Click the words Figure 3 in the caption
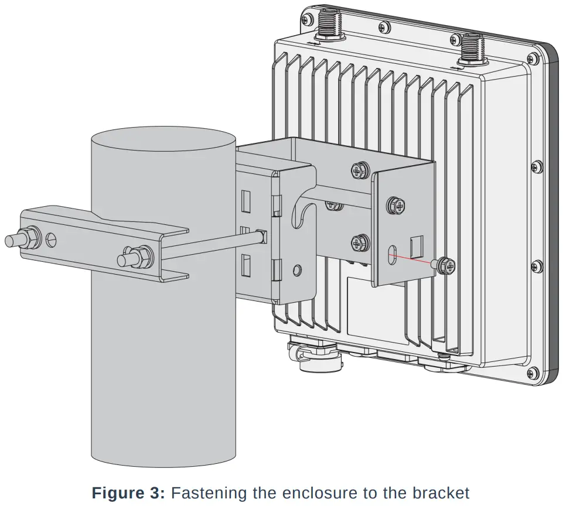point(128,493)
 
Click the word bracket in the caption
point(442,493)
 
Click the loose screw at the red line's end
point(445,265)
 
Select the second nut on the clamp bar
point(141,257)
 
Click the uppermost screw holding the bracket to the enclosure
point(359,171)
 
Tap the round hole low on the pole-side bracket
point(298,269)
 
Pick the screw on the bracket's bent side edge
point(395,205)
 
